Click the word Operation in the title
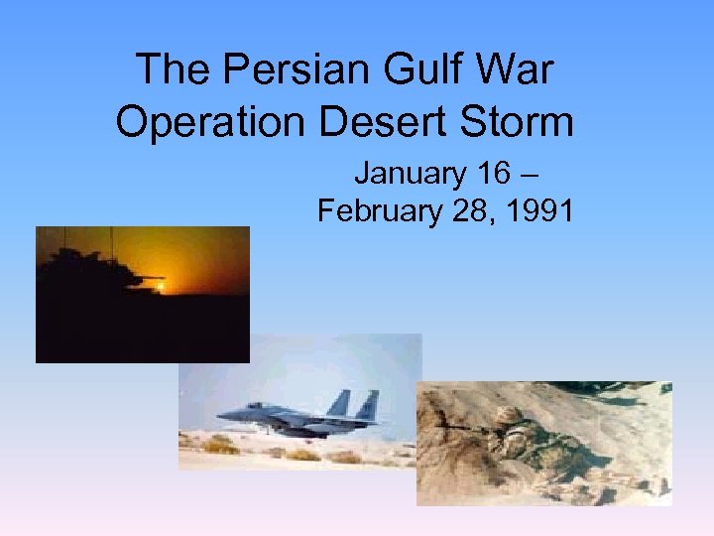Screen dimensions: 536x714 click(211, 122)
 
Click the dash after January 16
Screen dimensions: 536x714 click(530, 175)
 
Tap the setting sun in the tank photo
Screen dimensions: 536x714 click(159, 286)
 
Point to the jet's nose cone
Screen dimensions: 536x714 click(222, 415)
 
